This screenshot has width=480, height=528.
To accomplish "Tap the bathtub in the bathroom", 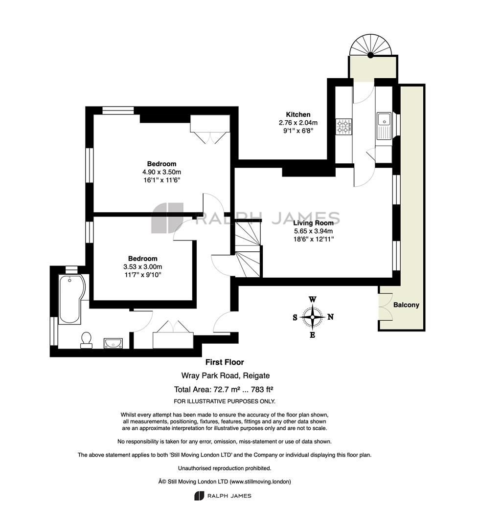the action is coord(71,300).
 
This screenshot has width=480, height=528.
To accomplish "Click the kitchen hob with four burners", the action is coord(344,127).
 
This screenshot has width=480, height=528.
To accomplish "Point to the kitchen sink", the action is coord(384,126).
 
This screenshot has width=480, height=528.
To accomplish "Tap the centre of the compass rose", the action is coord(313,317).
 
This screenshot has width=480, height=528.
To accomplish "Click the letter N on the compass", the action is coord(331,317).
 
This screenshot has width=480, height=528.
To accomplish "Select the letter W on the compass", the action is coord(313,299).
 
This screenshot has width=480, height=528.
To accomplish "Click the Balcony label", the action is coord(406,305).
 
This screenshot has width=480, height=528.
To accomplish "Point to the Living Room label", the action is coord(313,222).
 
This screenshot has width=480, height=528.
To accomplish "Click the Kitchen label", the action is coord(298,114).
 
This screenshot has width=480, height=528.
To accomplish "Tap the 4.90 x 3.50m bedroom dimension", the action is coord(162,172).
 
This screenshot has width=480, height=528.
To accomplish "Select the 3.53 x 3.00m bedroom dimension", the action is coord(142,267).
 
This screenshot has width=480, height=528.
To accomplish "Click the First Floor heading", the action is coord(225,362).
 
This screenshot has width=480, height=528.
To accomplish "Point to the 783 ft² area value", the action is coord(262,390).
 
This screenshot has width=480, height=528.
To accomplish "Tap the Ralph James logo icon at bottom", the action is coord(199,496).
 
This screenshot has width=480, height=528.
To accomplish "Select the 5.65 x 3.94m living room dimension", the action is coord(314,231).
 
